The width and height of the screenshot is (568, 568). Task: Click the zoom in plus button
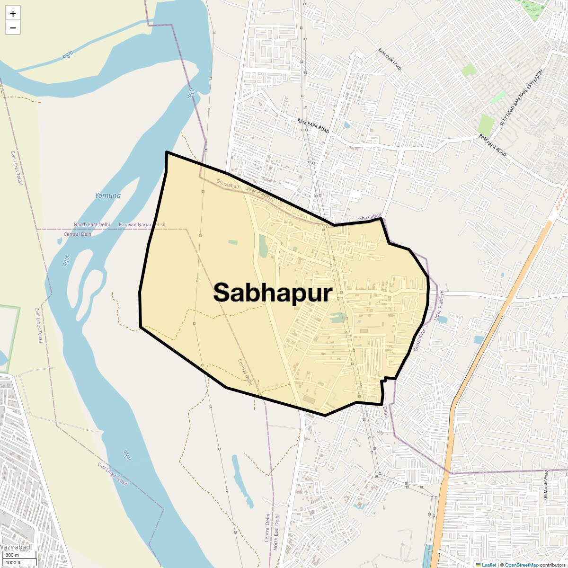(x=13, y=14)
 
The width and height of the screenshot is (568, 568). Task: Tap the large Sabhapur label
(x=273, y=293)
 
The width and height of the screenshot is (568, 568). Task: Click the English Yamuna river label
(x=107, y=195)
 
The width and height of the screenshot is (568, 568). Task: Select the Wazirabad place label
(x=15, y=547)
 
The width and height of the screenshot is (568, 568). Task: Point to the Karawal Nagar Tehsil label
(x=142, y=224)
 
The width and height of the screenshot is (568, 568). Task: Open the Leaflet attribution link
(x=489, y=565)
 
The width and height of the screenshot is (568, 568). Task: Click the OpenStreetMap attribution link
(x=522, y=565)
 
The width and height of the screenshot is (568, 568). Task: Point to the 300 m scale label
(x=12, y=555)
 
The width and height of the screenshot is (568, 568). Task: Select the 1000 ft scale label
(x=13, y=562)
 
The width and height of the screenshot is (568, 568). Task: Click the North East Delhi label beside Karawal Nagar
(x=92, y=224)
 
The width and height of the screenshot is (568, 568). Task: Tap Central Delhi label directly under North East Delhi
(x=78, y=234)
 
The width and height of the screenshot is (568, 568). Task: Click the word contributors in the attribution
(x=552, y=565)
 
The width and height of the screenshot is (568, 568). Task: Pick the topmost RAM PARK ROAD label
(x=390, y=59)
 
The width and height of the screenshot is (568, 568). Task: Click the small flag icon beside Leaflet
(x=478, y=565)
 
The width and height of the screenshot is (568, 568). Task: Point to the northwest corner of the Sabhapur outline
(x=167, y=152)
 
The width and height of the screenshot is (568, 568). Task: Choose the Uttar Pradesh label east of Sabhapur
(x=440, y=306)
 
